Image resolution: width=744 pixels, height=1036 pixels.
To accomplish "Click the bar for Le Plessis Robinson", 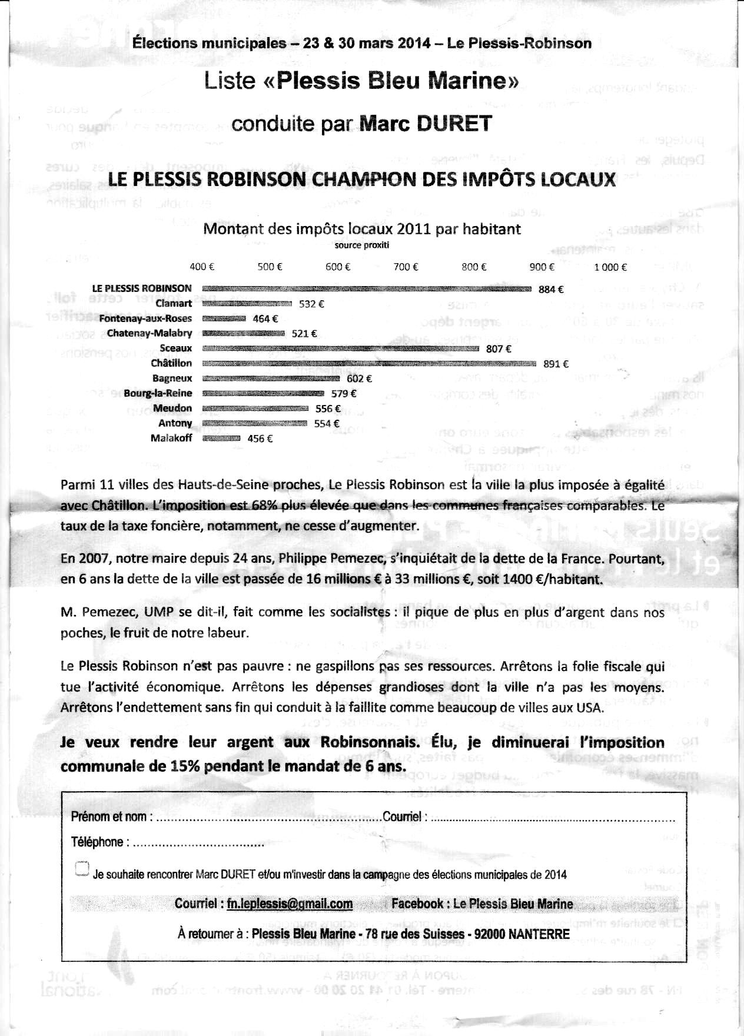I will pyautogui.click(x=366, y=289).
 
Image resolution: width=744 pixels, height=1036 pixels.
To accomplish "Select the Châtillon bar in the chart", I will pyautogui.click(x=368, y=364).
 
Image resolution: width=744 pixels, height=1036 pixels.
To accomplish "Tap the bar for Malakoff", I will pyautogui.click(x=221, y=439).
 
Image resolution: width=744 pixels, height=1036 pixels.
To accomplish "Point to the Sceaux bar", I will pyautogui.click(x=340, y=349).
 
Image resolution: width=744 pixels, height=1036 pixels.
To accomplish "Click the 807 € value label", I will pyautogui.click(x=499, y=349).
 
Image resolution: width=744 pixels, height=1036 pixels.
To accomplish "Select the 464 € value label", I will pyautogui.click(x=265, y=319).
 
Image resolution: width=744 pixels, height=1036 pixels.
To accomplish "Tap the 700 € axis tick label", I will pyautogui.click(x=406, y=267).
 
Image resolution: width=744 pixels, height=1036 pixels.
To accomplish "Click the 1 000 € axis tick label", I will pyautogui.click(x=610, y=267).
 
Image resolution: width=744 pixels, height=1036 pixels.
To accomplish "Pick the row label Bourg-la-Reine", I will pyautogui.click(x=158, y=394).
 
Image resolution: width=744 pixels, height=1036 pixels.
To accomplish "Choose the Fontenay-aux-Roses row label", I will pyautogui.click(x=145, y=319).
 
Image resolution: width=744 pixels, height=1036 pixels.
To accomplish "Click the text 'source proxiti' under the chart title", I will pyautogui.click(x=362, y=245).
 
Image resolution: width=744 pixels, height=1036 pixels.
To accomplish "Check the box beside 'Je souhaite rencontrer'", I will pyautogui.click(x=82, y=869).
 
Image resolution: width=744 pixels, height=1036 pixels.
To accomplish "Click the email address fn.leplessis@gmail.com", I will pyautogui.click(x=290, y=904).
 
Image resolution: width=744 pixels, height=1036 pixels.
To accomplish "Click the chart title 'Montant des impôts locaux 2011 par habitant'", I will pyautogui.click(x=362, y=229).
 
